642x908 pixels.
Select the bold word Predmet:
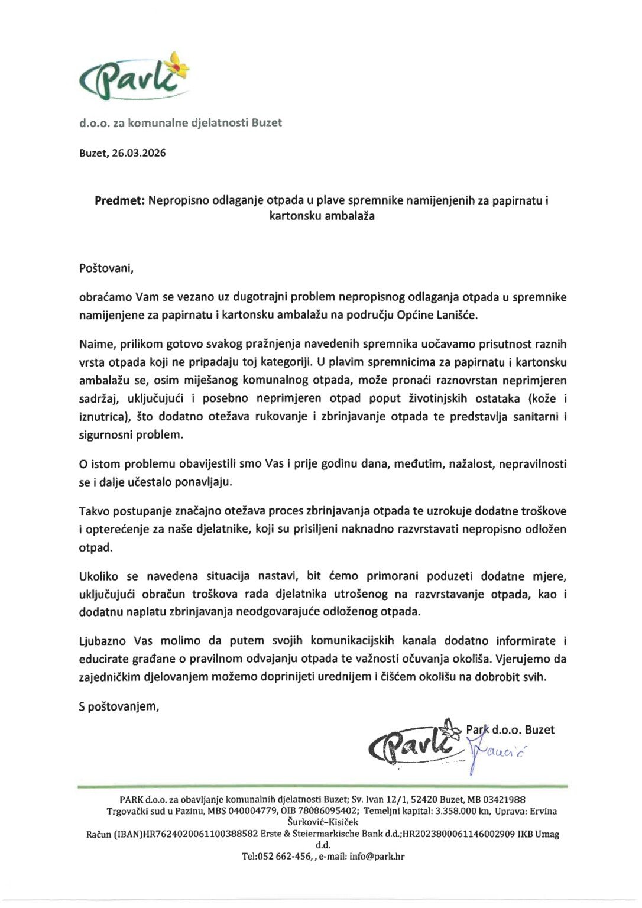click(119, 200)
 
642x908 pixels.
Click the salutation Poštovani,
click(106, 268)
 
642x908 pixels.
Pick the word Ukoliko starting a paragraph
click(99, 576)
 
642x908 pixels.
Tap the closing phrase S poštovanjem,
click(119, 706)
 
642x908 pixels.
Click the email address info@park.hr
click(377, 856)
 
